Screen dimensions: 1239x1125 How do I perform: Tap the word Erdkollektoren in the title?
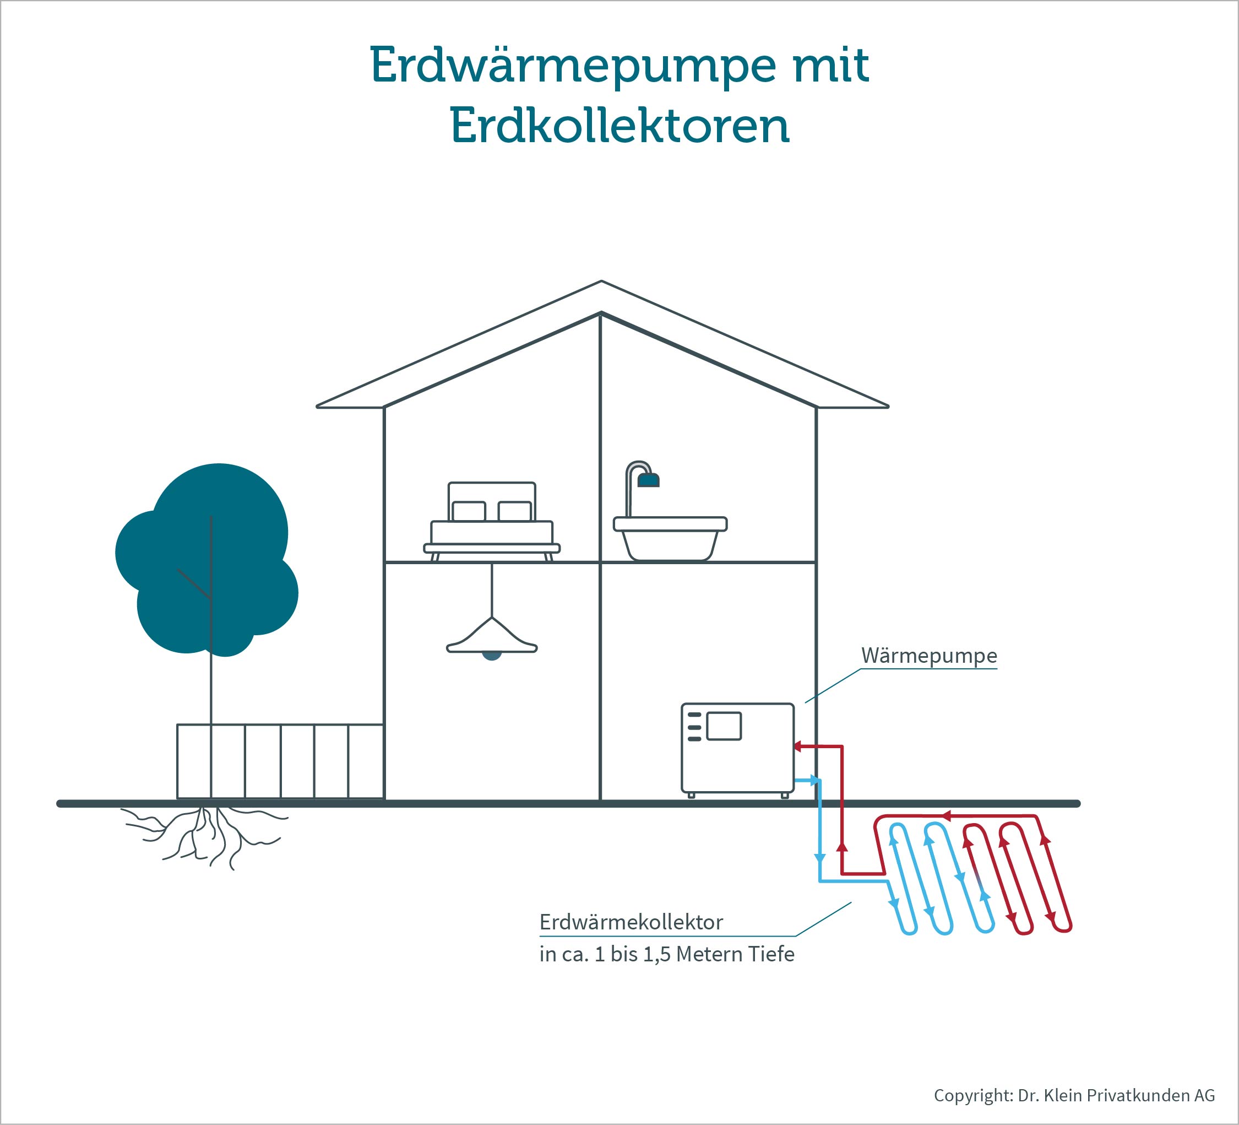619,126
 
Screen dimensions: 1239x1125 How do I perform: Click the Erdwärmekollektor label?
631,922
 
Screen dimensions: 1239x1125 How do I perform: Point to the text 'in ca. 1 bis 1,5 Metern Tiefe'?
667,954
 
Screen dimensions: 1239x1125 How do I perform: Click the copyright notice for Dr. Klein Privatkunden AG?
1074,1095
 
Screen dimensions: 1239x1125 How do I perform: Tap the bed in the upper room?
492,521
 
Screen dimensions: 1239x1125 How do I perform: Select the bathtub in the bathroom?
670,538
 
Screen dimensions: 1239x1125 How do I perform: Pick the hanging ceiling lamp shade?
492,636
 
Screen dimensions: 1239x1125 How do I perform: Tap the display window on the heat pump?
724,726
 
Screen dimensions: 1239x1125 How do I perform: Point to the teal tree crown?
207,559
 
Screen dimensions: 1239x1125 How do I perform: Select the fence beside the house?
280,761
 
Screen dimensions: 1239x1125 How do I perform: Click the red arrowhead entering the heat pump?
797,747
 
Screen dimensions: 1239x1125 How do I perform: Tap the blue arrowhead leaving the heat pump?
816,781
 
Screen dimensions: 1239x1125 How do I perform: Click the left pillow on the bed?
469,511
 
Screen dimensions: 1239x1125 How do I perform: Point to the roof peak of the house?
601,282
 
